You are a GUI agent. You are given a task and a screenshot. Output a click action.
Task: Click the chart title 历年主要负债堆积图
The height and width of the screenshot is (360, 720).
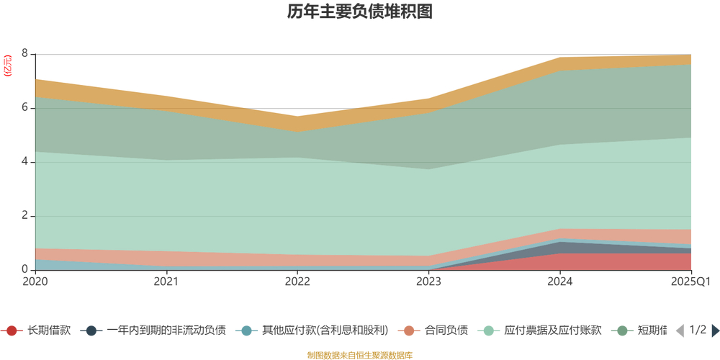coord(360,12)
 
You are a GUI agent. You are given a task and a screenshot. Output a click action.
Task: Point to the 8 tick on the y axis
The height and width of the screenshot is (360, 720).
coord(24,54)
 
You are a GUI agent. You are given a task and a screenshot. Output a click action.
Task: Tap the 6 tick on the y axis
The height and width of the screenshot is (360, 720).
coord(24,108)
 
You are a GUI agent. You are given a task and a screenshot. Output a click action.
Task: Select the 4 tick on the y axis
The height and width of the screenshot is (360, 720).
coord(24,162)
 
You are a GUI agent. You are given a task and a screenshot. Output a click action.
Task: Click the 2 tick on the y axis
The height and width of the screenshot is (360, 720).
coord(24,216)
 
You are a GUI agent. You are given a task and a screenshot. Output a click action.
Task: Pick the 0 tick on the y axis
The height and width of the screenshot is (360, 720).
coord(24,270)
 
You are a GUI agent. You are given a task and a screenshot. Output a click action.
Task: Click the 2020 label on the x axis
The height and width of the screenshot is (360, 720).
coord(35,282)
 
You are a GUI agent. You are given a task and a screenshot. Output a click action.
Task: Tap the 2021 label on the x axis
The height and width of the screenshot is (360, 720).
coord(166,282)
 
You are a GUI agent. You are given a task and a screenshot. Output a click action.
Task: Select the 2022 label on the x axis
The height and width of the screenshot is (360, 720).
coord(298,282)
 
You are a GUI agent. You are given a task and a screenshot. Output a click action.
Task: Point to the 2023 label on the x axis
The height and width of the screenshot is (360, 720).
coord(429,282)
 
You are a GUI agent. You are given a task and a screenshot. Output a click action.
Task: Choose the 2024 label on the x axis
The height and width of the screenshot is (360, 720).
coord(560,282)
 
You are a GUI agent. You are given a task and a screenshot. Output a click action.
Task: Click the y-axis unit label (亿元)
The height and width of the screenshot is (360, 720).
coord(8,66)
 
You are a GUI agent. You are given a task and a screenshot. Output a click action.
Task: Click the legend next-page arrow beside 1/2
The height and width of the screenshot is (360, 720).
coord(715,330)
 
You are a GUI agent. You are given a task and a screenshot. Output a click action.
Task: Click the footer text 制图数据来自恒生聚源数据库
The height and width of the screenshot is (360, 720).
coord(360,355)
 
